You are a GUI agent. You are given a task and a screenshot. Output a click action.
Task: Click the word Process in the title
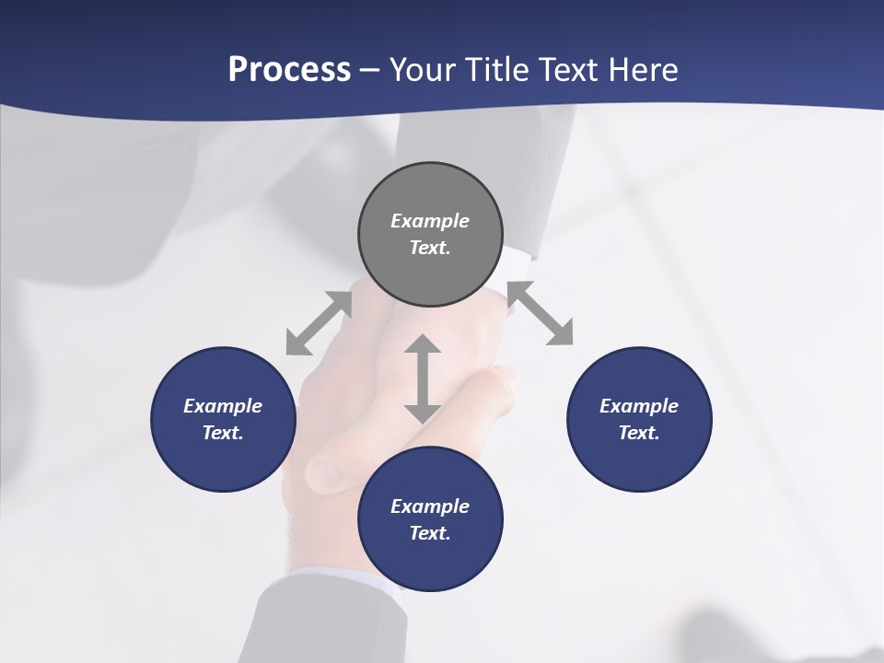(x=289, y=70)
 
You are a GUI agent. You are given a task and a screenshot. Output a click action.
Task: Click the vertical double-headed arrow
(x=423, y=378)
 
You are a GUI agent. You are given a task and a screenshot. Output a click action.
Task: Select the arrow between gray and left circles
(x=319, y=322)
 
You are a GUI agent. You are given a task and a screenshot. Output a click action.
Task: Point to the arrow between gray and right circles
(x=541, y=313)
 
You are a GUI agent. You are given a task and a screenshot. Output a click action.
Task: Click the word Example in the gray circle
(x=430, y=221)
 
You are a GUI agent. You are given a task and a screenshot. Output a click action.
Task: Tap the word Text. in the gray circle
(x=430, y=248)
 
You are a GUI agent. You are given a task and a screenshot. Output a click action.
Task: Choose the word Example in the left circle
(x=223, y=406)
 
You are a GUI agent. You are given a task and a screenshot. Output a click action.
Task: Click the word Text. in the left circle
(x=223, y=433)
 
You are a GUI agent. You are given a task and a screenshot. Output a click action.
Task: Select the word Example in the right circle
(x=639, y=406)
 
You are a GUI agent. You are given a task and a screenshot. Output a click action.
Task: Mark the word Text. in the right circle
(x=639, y=433)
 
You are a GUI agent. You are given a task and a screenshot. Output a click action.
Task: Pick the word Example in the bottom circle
(x=430, y=506)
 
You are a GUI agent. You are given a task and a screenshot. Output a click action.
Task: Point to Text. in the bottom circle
(x=430, y=533)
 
